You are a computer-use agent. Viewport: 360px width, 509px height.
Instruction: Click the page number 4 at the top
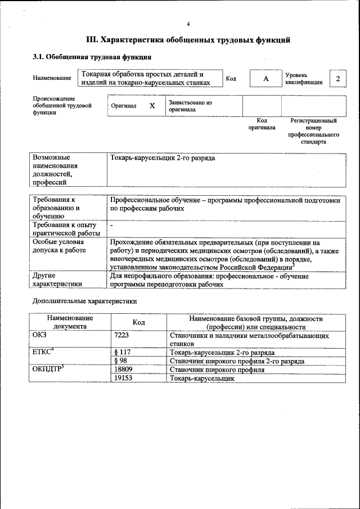pyautogui.click(x=188, y=24)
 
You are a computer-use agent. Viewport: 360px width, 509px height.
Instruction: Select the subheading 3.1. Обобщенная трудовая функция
pyautogui.click(x=92, y=57)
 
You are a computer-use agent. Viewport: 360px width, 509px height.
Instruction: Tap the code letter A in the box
pyautogui.click(x=265, y=78)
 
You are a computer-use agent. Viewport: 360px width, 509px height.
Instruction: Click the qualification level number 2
pyautogui.click(x=337, y=78)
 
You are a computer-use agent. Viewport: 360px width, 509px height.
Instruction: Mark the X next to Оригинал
pyautogui.click(x=152, y=106)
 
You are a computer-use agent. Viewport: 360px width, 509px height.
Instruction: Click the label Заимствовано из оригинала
pyautogui.click(x=190, y=106)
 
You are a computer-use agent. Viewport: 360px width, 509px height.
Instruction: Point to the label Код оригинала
pyautogui.click(x=262, y=124)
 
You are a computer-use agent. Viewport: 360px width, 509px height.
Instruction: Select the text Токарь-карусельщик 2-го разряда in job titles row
pyautogui.click(x=163, y=158)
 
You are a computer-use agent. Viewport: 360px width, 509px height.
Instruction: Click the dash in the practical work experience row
pyautogui.click(x=112, y=225)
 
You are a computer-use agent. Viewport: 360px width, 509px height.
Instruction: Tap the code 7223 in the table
pyautogui.click(x=122, y=336)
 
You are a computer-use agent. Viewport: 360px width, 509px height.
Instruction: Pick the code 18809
pyautogui.click(x=123, y=370)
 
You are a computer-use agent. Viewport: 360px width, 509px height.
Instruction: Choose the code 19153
pyautogui.click(x=123, y=379)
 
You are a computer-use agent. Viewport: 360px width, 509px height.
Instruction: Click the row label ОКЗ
pyautogui.click(x=42, y=336)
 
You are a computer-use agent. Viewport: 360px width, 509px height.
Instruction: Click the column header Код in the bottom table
pyautogui.click(x=139, y=322)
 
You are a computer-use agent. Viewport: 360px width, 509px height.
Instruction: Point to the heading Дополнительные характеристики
pyautogui.click(x=84, y=301)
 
